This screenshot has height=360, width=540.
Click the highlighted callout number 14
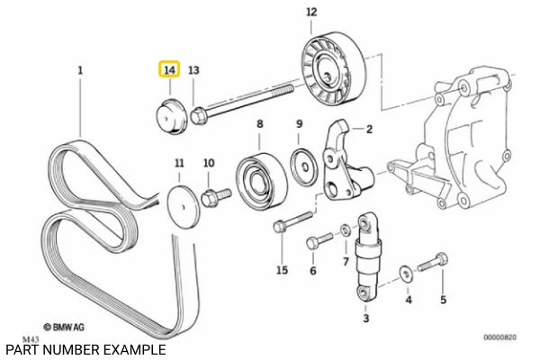click(168, 69)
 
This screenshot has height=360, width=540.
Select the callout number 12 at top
click(311, 12)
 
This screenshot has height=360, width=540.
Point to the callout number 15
click(282, 270)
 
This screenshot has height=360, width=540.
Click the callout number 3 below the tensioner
click(365, 319)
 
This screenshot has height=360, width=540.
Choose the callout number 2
click(369, 129)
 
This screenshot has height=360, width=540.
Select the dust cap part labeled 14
click(169, 116)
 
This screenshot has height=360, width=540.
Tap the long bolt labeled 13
click(243, 100)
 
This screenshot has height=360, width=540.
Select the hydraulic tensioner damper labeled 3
click(366, 256)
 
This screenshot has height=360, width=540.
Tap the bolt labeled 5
click(434, 264)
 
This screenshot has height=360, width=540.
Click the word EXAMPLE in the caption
click(132, 349)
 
